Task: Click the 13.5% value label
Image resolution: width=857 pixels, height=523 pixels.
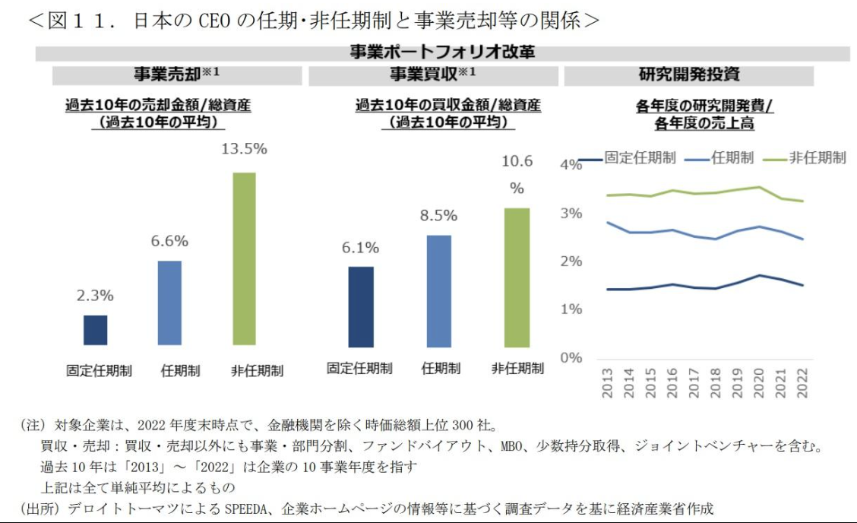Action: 244,149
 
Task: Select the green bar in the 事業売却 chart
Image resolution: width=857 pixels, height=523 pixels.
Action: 244,258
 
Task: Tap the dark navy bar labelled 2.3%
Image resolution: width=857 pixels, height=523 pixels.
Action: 95,330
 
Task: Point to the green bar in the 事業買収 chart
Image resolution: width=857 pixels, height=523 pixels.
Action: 517,277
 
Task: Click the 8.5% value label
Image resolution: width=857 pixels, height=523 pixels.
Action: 439,216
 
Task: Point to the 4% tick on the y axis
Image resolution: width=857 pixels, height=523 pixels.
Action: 571,165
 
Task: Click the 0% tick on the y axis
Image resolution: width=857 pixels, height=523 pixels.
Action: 571,357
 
